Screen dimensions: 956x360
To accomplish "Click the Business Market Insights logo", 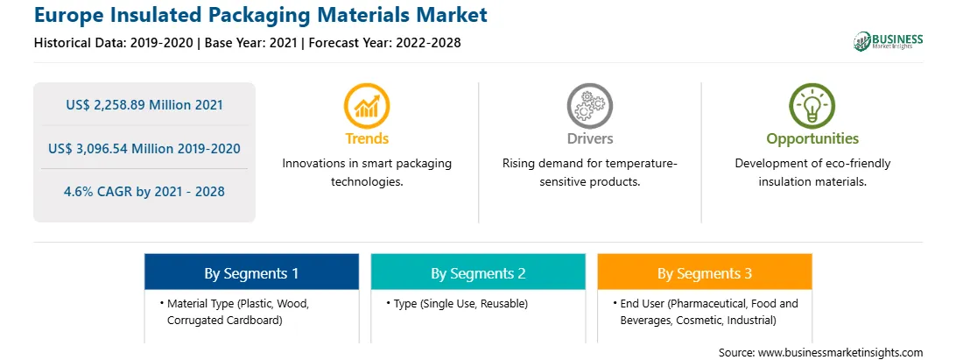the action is coord(889,41).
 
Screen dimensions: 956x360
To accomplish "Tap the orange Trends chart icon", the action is coord(367,106).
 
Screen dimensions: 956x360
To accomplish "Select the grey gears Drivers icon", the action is coord(590,106).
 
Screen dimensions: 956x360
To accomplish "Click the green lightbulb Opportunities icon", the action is coord(812,106).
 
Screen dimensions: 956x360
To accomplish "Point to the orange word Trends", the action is coord(367,138).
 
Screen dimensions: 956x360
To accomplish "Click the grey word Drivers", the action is coord(590,138).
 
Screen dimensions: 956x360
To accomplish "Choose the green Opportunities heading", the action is coord(812,139).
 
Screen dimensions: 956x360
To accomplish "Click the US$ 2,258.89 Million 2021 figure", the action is coord(144,105).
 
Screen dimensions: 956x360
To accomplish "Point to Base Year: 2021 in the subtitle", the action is coord(251,43).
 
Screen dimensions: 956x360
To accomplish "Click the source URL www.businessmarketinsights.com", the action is coord(840,353).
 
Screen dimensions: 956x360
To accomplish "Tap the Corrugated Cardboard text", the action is coord(224,320).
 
